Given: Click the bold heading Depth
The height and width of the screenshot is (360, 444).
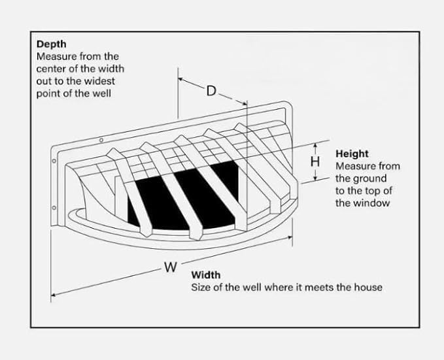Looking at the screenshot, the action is pos(50,44).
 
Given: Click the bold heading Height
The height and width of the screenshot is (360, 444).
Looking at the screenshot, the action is pos(352,154).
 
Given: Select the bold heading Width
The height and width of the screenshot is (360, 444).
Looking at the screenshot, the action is pos(205,275).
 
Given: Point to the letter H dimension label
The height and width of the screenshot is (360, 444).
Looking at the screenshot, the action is pos(315,161).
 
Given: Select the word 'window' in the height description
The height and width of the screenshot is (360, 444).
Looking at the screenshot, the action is pos(373,203).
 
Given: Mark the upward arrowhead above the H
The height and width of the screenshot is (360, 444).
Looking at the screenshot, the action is pos(315,146).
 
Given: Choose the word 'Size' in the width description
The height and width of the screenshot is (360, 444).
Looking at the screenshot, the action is pos(200,287).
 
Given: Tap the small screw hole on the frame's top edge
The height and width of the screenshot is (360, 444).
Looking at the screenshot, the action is pos(101,140).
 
